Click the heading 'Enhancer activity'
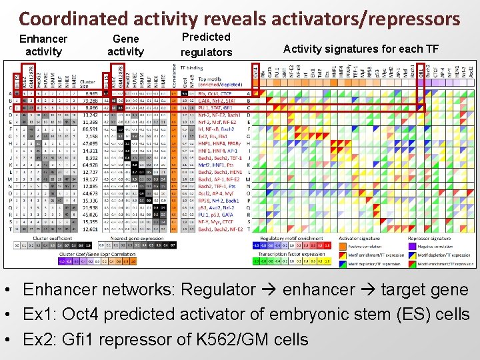click(43, 45)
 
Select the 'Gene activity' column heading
click(125, 45)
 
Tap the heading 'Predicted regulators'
click(206, 45)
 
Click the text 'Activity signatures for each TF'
click(360, 48)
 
